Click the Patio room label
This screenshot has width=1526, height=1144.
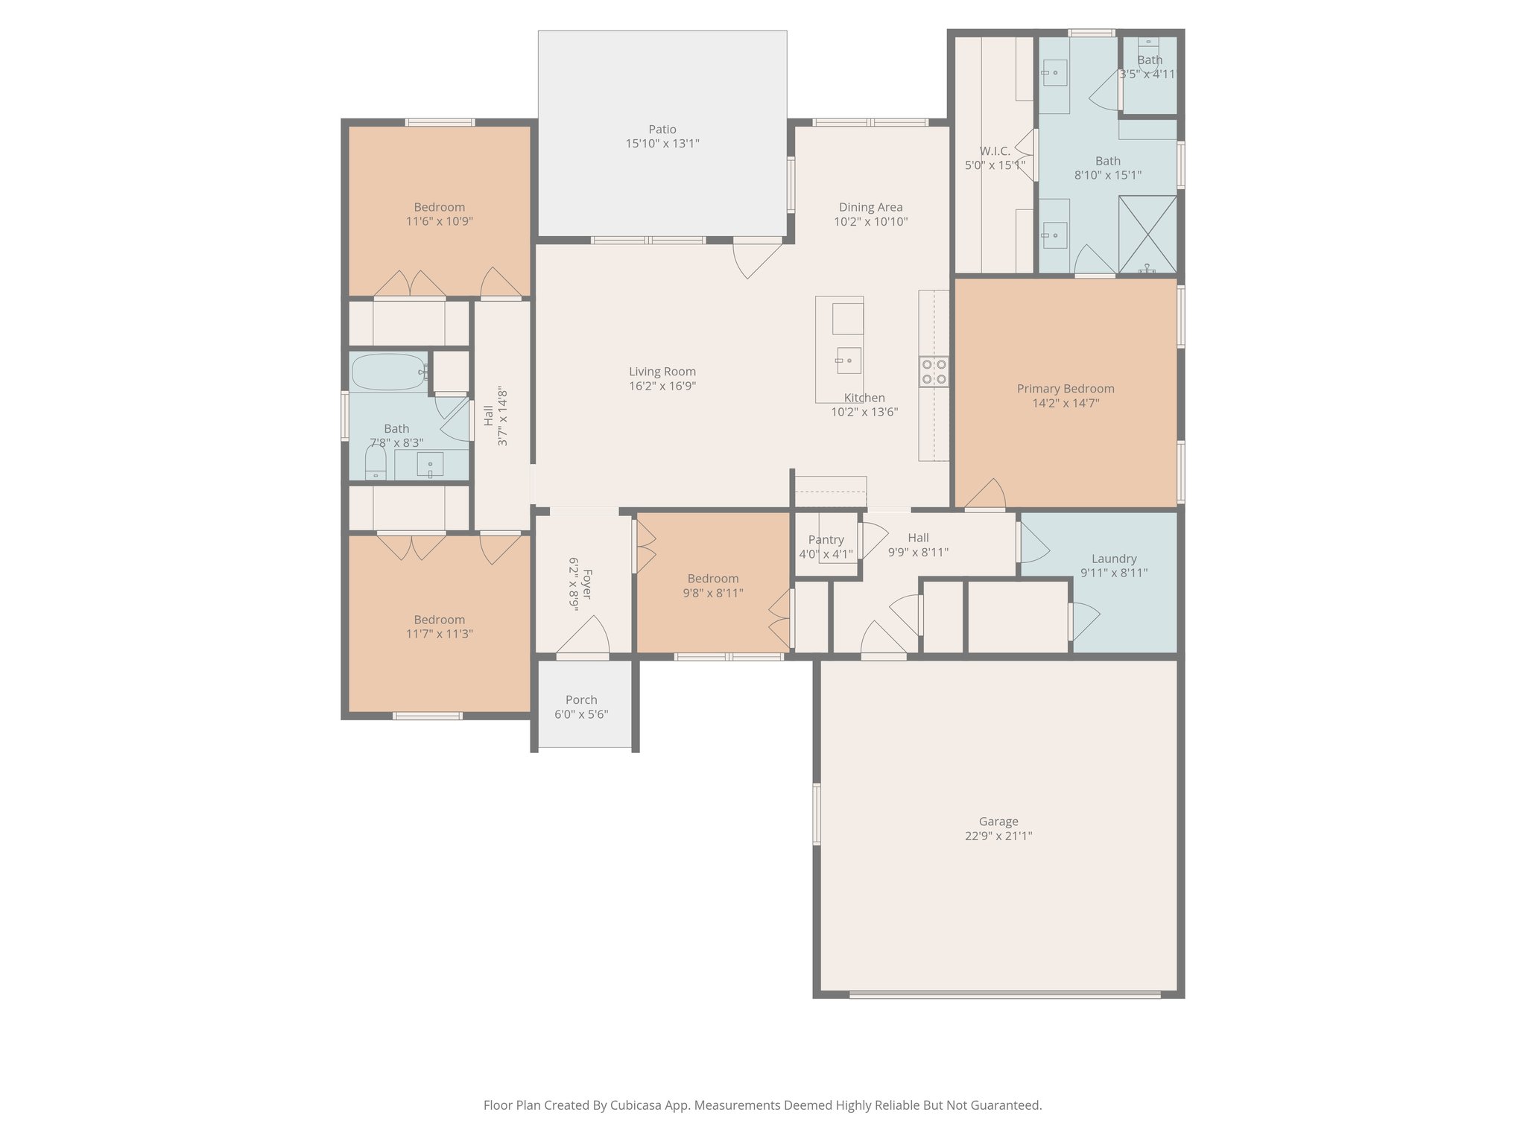tap(662, 130)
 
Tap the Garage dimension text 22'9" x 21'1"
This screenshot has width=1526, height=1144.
tap(998, 836)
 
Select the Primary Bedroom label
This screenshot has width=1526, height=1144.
tap(1065, 389)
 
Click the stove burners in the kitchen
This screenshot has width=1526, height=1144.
tap(934, 372)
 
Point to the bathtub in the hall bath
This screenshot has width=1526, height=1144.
tap(387, 372)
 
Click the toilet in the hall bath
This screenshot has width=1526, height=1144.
tap(376, 464)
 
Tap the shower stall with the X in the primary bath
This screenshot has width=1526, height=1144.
tap(1147, 234)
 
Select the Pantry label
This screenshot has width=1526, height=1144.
tap(826, 540)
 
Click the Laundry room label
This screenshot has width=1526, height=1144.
tap(1113, 559)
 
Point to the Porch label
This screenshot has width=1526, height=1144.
tap(581, 700)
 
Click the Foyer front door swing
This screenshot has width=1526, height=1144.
tap(586, 638)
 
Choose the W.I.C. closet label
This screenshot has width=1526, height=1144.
tap(995, 151)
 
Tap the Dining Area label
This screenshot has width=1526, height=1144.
tap(870, 208)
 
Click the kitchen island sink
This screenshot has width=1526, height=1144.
tap(848, 360)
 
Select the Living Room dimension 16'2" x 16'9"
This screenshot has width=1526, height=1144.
tap(662, 386)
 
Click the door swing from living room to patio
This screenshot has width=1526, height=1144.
tap(754, 258)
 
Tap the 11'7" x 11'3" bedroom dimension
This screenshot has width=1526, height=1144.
tap(439, 634)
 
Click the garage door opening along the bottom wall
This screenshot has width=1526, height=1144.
tap(1004, 994)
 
